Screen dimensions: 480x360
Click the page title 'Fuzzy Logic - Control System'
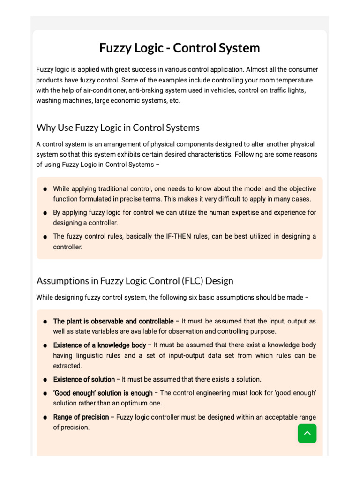tap(180, 48)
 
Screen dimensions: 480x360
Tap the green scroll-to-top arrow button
tap(307, 433)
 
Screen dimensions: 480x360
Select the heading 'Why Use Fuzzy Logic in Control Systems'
tap(118, 127)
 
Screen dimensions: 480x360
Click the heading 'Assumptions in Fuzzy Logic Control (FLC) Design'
tap(135, 281)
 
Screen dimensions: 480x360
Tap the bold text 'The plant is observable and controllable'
tap(113, 321)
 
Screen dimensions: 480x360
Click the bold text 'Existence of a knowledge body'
tap(99, 345)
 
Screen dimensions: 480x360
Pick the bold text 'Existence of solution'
tap(84, 379)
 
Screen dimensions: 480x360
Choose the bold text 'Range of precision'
tap(81, 417)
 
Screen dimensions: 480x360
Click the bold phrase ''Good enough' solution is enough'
tap(103, 393)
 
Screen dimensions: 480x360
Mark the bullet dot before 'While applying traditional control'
tap(45, 189)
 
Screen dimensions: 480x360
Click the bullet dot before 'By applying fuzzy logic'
tap(45, 213)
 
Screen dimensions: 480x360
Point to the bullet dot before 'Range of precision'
tap(45, 417)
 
